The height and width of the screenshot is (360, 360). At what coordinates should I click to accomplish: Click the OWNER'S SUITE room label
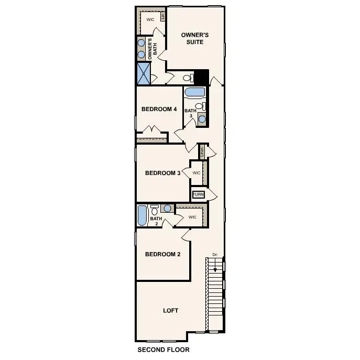click(x=195, y=38)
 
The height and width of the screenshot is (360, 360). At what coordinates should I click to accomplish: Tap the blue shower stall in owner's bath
click(x=144, y=73)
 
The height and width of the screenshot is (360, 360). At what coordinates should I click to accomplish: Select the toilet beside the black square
click(x=187, y=78)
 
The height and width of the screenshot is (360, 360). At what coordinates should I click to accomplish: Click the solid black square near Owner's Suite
click(x=201, y=77)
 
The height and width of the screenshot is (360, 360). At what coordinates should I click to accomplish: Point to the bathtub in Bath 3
click(x=195, y=93)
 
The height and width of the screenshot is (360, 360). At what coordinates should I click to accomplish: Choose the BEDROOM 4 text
click(x=159, y=110)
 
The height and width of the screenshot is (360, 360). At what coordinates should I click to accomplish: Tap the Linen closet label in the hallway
click(x=202, y=152)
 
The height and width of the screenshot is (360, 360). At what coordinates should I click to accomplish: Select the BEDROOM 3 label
click(x=162, y=173)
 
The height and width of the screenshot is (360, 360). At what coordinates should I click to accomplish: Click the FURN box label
click(x=198, y=195)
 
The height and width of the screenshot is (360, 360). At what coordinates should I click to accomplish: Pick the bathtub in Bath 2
click(x=142, y=215)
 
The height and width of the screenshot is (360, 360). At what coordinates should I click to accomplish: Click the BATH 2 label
click(x=156, y=221)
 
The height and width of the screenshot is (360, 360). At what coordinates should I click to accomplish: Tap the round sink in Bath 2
click(x=167, y=209)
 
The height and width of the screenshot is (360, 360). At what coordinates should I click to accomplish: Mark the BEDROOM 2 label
click(x=162, y=255)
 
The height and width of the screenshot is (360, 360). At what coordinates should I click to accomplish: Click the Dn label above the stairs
click(x=214, y=255)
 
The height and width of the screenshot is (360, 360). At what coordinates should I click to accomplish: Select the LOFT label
click(x=171, y=310)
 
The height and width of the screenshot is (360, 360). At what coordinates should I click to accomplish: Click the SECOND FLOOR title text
click(x=163, y=350)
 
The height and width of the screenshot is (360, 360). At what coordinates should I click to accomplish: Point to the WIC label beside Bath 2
click(x=192, y=216)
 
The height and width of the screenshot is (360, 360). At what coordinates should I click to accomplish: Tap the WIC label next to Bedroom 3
click(x=197, y=173)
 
